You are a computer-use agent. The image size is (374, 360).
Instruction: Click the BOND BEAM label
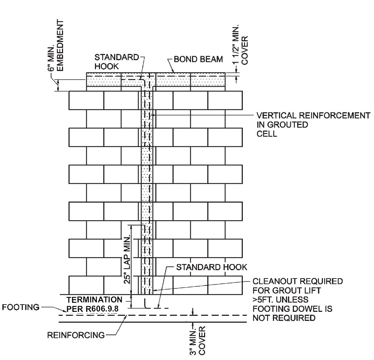pos(198,59)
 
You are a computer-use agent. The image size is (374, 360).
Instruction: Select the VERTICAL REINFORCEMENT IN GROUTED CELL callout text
pos(313,124)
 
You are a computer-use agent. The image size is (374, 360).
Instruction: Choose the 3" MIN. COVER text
pos(198,340)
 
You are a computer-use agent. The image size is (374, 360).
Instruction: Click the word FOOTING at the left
pos(20,307)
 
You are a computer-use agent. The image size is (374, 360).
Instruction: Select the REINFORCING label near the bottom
pos(76,335)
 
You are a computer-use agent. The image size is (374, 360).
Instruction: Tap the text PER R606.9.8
pos(93,309)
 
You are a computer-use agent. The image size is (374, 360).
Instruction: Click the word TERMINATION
pos(94,300)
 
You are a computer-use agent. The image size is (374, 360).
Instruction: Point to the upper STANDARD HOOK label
pos(117,62)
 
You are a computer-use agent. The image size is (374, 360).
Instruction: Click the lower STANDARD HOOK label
pos(212,267)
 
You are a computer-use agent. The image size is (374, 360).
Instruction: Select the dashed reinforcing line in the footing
pos(152,315)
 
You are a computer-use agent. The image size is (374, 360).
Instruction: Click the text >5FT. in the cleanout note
pos(262,300)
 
